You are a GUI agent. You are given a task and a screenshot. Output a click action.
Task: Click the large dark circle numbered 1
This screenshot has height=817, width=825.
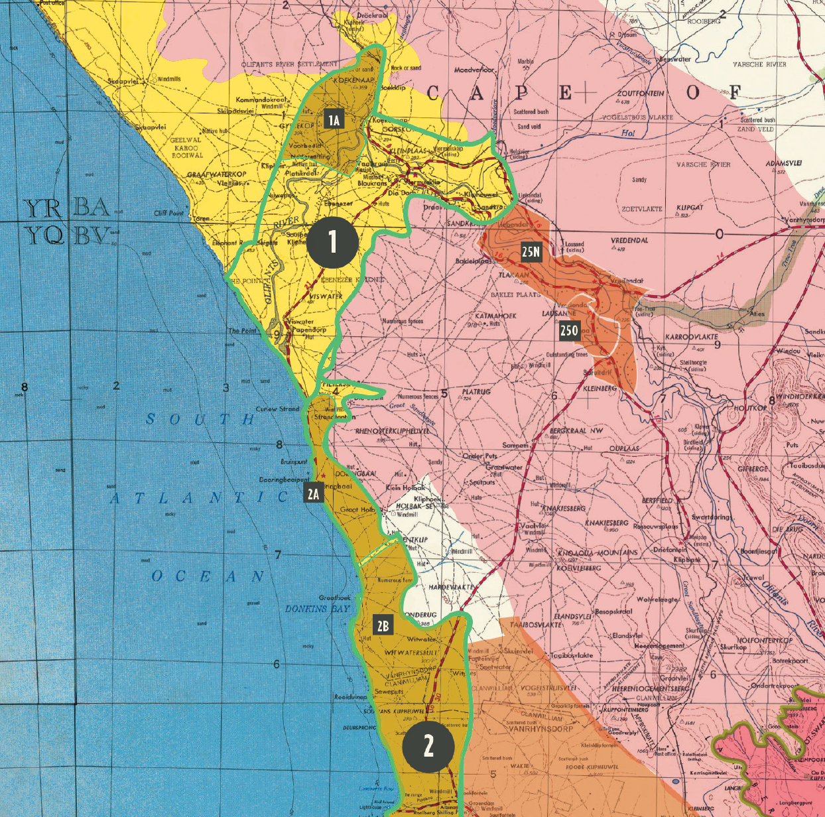(332, 242)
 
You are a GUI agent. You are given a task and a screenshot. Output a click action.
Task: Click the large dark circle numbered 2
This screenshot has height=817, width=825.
(428, 747)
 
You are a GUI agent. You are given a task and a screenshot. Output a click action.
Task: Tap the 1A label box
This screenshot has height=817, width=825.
(334, 119)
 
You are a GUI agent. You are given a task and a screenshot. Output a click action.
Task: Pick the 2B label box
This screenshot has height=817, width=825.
(383, 625)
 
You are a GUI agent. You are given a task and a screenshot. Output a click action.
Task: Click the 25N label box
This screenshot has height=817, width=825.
(531, 251)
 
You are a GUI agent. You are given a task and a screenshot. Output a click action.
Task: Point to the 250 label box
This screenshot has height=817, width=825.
(569, 331)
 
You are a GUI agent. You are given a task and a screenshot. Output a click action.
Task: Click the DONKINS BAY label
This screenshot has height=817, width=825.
(317, 609)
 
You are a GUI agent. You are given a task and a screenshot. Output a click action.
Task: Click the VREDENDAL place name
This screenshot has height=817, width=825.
(629, 240)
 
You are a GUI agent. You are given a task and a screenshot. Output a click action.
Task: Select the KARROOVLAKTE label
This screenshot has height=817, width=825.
(691, 337)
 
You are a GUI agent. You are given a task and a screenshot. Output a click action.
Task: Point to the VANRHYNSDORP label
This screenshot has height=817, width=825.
(540, 729)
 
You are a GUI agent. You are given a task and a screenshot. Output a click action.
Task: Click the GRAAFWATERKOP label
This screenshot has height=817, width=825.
(216, 174)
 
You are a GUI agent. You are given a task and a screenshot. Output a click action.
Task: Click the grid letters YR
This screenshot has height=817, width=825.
(44, 210)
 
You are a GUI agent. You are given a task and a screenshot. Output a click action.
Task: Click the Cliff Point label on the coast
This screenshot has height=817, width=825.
(168, 213)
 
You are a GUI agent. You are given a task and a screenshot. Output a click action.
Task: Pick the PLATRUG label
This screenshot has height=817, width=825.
(476, 392)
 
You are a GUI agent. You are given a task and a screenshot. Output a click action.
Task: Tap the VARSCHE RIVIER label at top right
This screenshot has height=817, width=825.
(759, 64)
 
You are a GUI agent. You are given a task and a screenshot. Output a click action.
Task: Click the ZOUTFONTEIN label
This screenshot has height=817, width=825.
(640, 94)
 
